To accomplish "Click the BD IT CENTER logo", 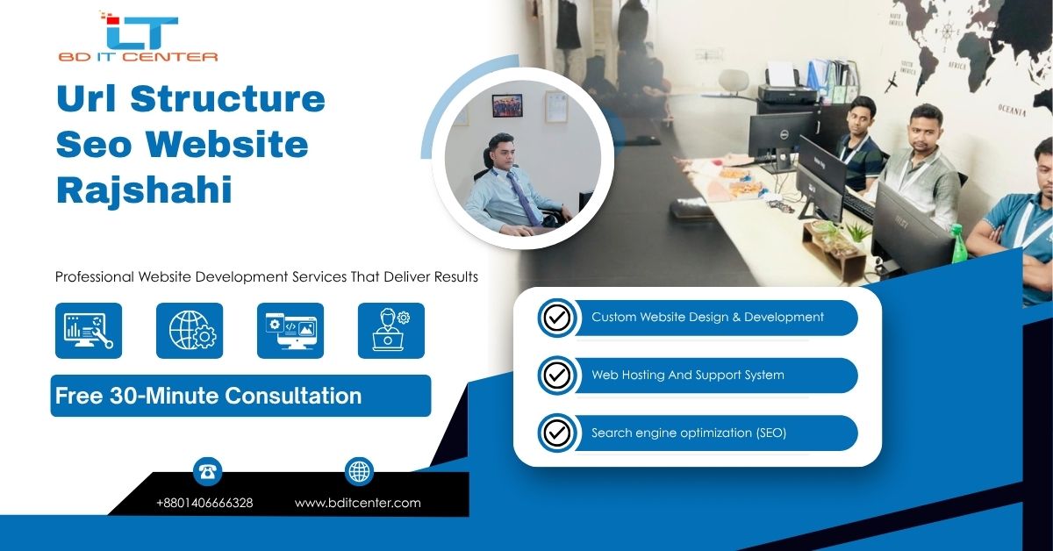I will click(138, 37).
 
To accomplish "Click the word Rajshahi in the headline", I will click(144, 190).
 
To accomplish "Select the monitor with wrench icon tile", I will click(89, 331).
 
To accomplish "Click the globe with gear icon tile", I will click(190, 331).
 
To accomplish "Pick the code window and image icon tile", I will click(290, 331).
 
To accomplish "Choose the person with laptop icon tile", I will click(391, 331).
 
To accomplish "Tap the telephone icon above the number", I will click(208, 471).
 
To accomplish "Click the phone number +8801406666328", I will click(204, 504).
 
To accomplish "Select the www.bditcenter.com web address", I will click(357, 504).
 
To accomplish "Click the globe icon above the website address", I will click(359, 471).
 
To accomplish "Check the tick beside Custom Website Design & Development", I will click(556, 318).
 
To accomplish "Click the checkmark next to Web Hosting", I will click(556, 376).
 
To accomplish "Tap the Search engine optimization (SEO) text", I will click(688, 433).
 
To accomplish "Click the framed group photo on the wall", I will click(507, 106).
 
